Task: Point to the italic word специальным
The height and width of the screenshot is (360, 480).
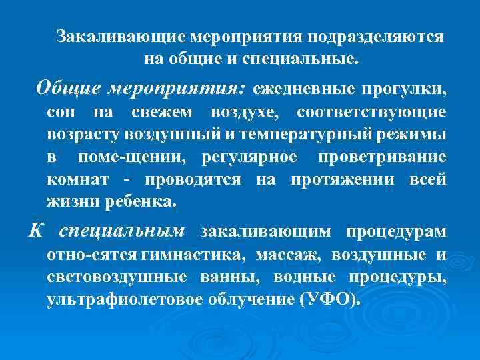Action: (121, 231)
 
